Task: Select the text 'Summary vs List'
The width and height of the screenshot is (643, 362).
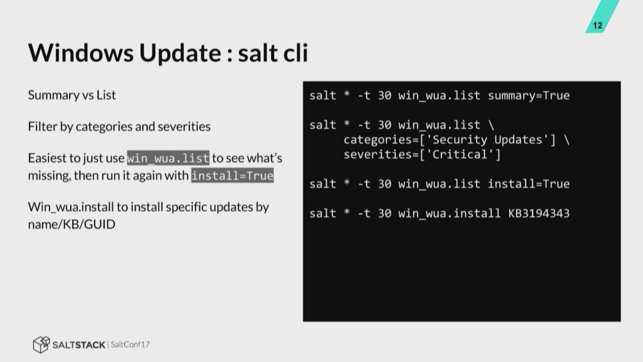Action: click(72, 95)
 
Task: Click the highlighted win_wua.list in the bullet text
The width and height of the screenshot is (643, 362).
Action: click(168, 158)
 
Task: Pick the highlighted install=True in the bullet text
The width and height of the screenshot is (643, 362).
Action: click(232, 175)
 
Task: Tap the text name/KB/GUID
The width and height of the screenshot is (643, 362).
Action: click(71, 224)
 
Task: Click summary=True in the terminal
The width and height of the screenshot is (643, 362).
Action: click(528, 95)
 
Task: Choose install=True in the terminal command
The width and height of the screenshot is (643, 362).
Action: click(528, 184)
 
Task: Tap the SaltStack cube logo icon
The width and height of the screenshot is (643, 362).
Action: click(41, 344)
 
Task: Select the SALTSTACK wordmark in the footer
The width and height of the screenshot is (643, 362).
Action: click(79, 344)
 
